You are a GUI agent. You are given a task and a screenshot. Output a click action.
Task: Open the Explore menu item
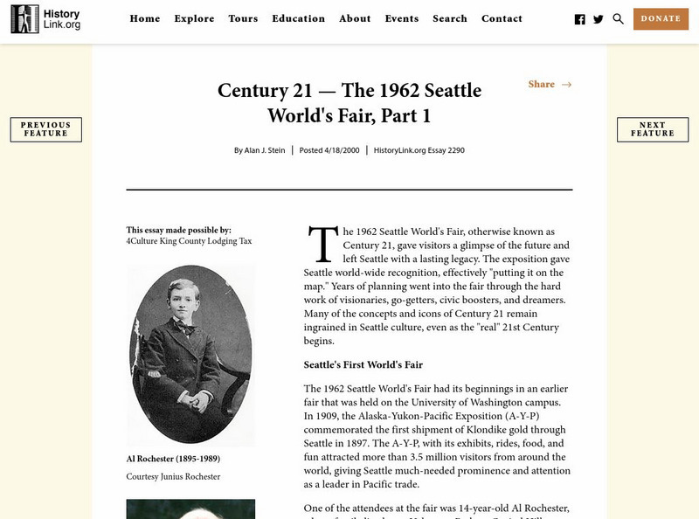click(x=194, y=18)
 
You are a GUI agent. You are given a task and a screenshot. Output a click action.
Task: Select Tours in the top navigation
click(x=243, y=18)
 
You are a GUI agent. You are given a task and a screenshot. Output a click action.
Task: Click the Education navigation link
click(x=298, y=18)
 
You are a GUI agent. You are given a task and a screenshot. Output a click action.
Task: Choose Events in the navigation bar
click(x=401, y=18)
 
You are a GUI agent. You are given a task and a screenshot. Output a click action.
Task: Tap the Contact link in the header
click(x=502, y=18)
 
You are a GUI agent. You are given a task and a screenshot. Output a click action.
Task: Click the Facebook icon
click(x=580, y=19)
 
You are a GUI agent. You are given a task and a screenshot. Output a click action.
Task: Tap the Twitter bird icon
click(x=599, y=19)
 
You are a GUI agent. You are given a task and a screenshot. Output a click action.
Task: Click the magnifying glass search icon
click(x=619, y=18)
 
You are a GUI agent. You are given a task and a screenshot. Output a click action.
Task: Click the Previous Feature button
click(x=45, y=129)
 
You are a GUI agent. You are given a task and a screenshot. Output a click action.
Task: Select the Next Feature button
click(x=652, y=129)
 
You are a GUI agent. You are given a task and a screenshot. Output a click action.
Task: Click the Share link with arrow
click(x=550, y=85)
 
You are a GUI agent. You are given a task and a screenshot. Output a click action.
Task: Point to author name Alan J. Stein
click(x=263, y=150)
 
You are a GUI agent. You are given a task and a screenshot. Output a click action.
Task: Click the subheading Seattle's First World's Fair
click(x=363, y=364)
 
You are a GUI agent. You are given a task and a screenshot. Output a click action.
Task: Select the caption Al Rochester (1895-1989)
click(x=171, y=459)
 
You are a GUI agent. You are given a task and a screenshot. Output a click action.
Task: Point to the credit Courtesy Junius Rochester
click(x=173, y=476)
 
